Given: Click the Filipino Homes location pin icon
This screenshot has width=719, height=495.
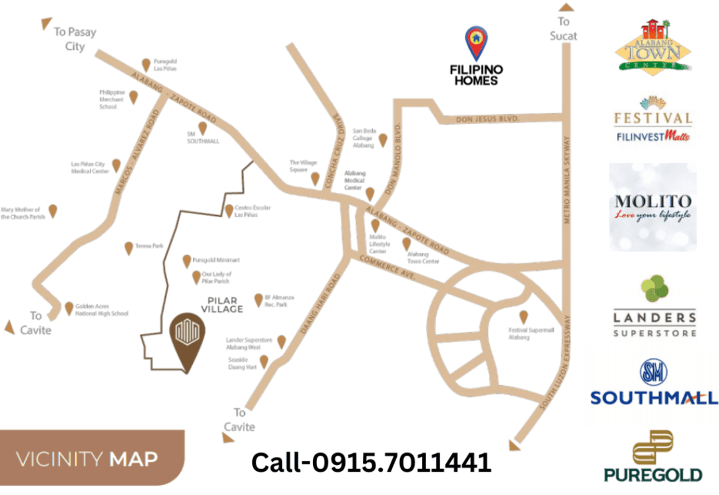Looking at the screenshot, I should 475,42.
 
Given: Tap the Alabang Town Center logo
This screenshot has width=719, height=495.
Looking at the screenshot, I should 652,46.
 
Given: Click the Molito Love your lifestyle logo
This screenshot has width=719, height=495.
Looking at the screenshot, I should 652,207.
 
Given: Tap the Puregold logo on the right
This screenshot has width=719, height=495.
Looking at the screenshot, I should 653,456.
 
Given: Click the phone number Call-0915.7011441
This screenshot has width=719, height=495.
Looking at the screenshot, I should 371,462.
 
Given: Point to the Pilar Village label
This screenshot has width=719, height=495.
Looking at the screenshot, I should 222,305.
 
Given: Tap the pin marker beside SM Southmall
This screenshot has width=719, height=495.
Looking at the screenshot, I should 202,128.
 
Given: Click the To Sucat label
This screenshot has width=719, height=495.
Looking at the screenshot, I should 563,29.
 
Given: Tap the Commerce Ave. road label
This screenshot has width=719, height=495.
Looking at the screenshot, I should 387,271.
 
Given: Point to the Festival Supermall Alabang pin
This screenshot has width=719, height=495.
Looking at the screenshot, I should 523,316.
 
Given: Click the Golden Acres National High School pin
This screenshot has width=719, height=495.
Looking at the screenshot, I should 69,308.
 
